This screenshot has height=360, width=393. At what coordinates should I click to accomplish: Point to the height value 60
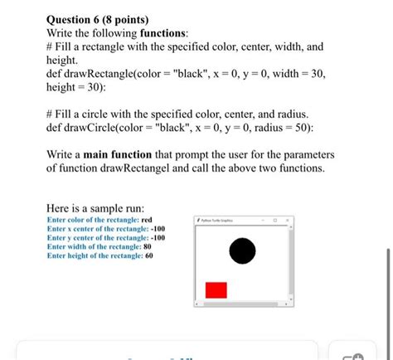point(149,256)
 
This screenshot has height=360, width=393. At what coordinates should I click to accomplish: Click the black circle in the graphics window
point(241,250)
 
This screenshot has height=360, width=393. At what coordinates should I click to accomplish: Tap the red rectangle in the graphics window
point(216,289)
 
